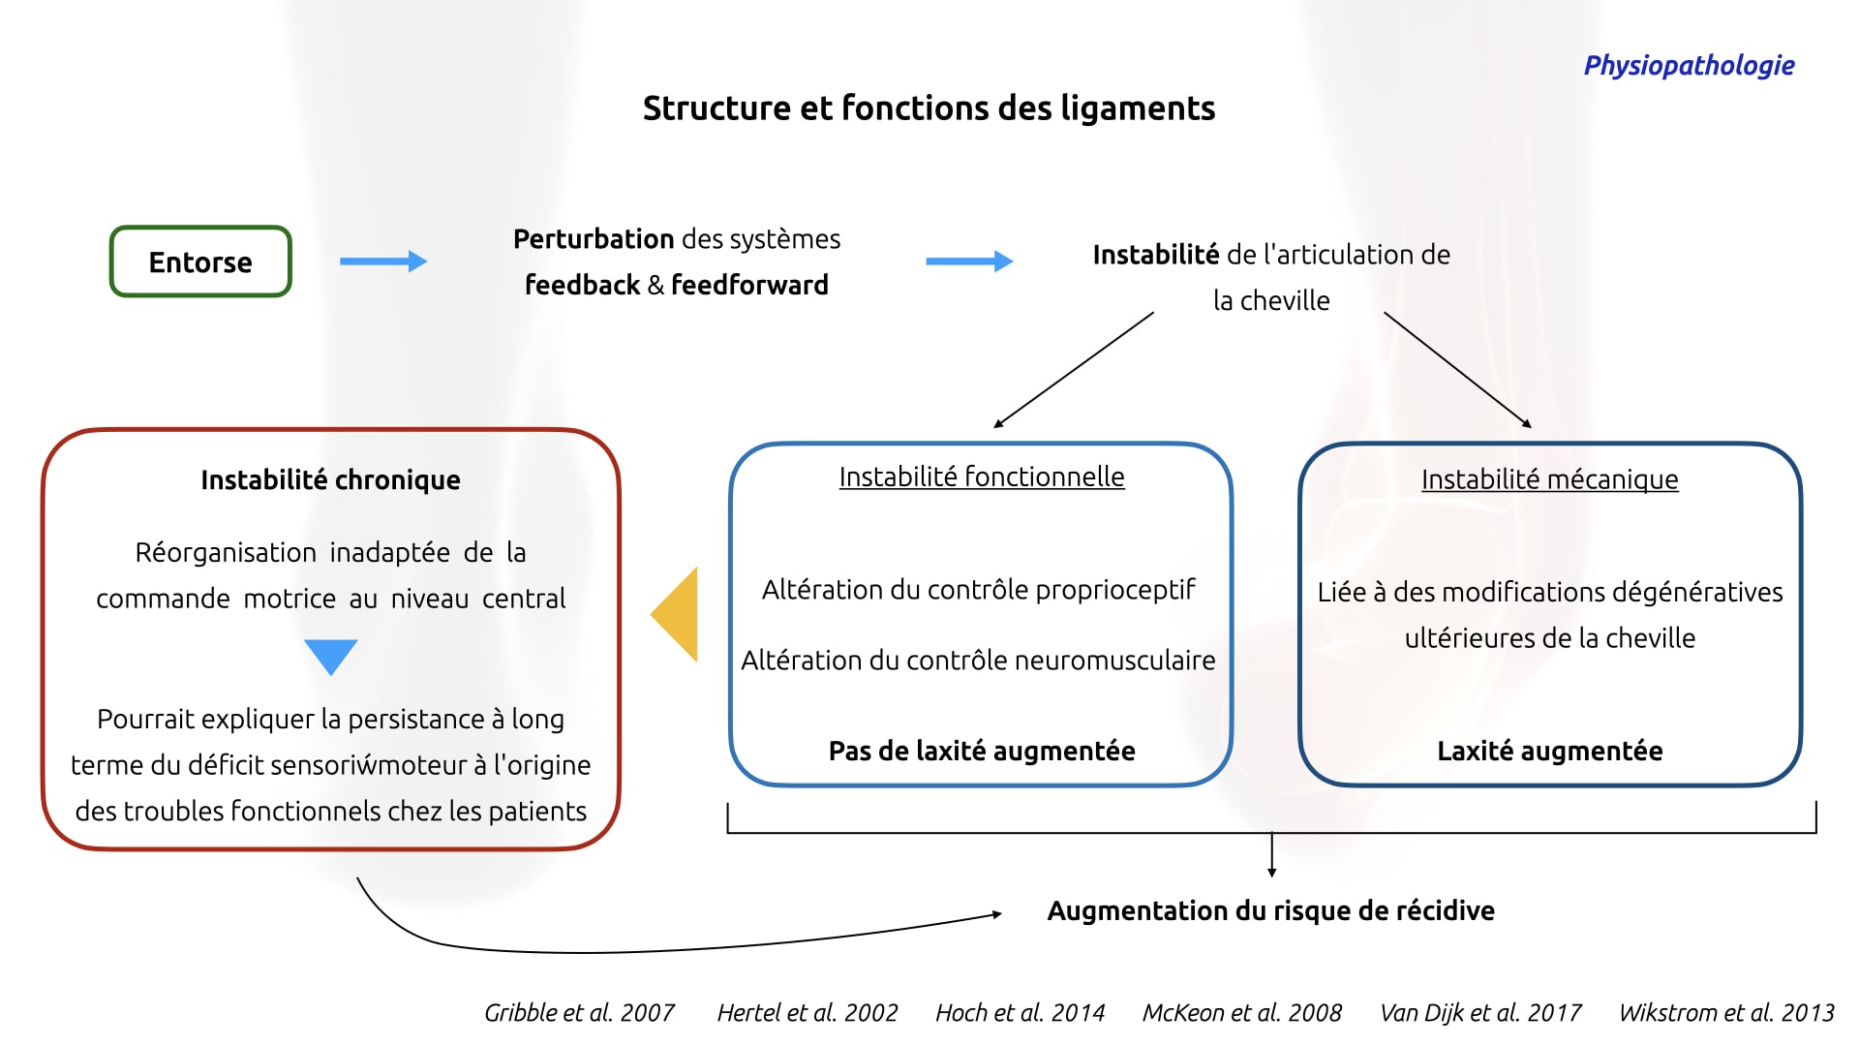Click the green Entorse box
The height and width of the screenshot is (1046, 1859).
(200, 261)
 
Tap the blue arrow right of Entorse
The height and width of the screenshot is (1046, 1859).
(383, 261)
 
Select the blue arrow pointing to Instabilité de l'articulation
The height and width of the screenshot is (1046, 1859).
(969, 261)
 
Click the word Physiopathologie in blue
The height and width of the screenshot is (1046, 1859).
(1689, 66)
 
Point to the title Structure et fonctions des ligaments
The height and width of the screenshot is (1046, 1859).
(929, 108)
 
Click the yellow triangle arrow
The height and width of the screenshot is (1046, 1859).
(674, 614)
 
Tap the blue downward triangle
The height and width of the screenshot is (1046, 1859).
(331, 657)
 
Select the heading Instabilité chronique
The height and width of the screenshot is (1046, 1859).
(330, 479)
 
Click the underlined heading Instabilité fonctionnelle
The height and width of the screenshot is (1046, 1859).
(982, 477)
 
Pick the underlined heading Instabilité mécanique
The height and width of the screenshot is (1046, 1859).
(1549, 479)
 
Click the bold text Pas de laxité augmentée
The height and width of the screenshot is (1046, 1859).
(982, 751)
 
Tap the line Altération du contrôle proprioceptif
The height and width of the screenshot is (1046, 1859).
(978, 590)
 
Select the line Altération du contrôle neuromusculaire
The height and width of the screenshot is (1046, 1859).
(978, 661)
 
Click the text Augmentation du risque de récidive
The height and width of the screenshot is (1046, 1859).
(1270, 910)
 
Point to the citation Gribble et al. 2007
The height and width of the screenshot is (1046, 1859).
(579, 1013)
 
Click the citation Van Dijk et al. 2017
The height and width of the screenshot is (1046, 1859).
(1480, 1013)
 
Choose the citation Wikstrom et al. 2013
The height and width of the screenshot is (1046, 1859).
(1726, 1013)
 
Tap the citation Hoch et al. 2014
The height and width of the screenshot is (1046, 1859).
(1020, 1013)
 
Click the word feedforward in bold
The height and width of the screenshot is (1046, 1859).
(749, 285)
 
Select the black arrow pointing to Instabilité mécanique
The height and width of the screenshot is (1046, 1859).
(1458, 370)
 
